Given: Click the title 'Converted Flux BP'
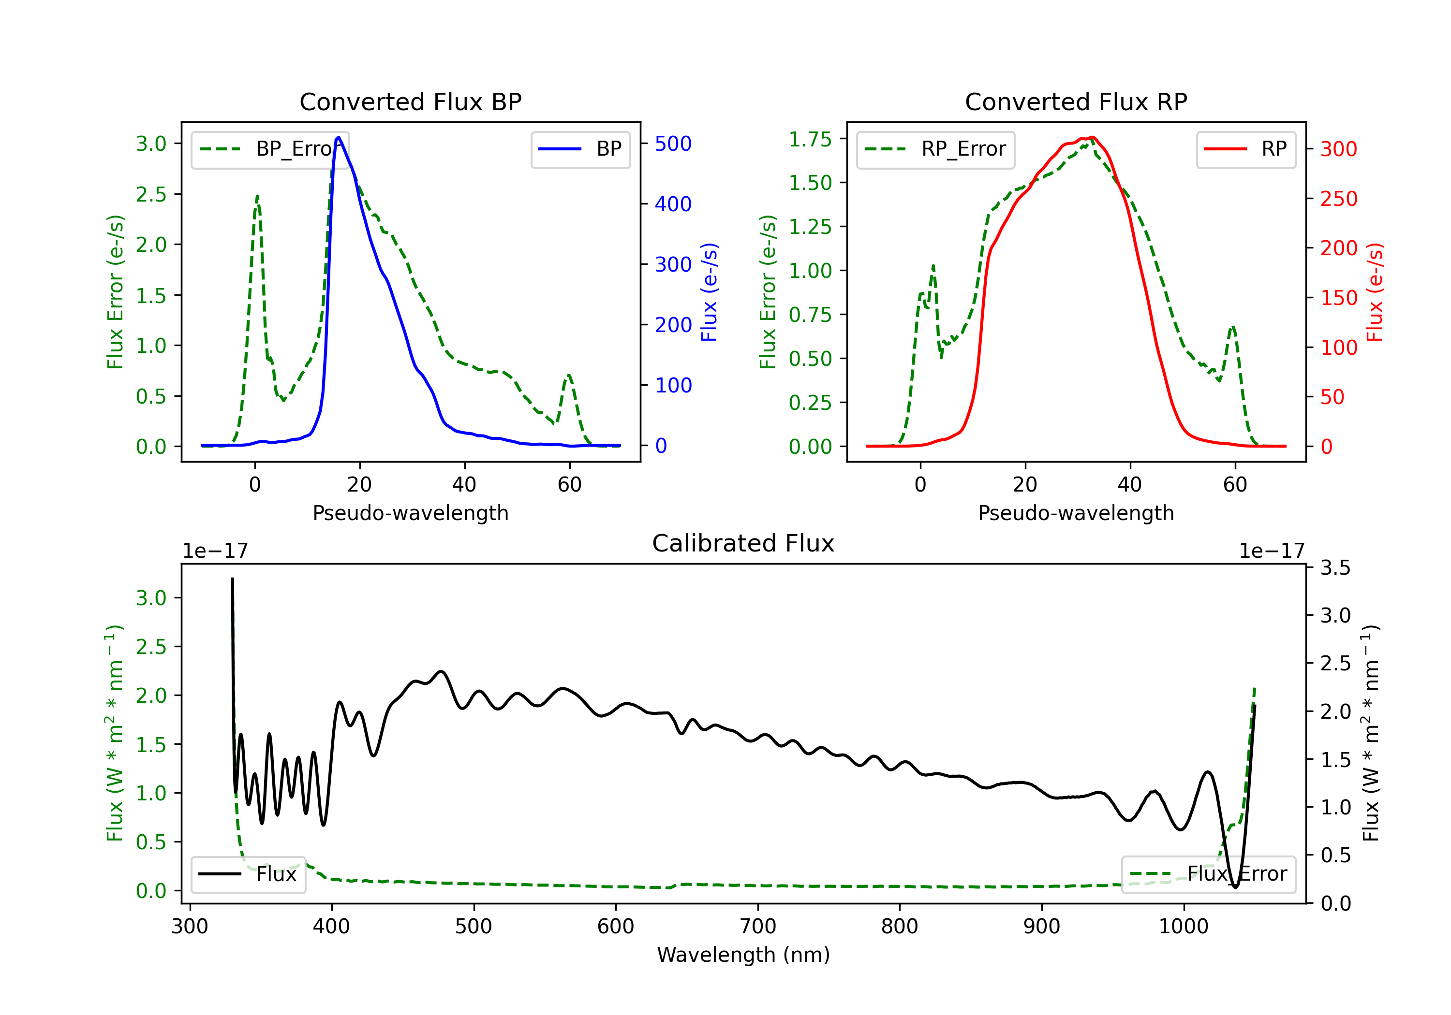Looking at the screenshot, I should point(410,101).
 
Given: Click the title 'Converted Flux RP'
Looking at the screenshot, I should point(1076,101).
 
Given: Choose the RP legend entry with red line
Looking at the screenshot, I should point(1245,149).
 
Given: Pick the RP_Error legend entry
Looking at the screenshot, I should point(935,149).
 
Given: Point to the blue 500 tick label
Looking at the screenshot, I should point(673,144).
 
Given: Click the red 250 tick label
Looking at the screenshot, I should point(1338,199).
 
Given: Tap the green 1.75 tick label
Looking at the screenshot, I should point(810,139).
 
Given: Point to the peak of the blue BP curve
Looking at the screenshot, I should point(339,137).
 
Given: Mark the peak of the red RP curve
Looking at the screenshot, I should point(1092,137).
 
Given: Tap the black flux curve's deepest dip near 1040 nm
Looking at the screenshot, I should point(1235,887).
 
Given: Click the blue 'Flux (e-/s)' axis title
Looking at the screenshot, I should point(709,292).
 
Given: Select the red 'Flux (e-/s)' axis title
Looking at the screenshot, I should point(1375,292).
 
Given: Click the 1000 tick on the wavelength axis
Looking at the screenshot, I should point(1183,927).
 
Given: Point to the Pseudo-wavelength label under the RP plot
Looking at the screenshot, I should point(1076,513).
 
